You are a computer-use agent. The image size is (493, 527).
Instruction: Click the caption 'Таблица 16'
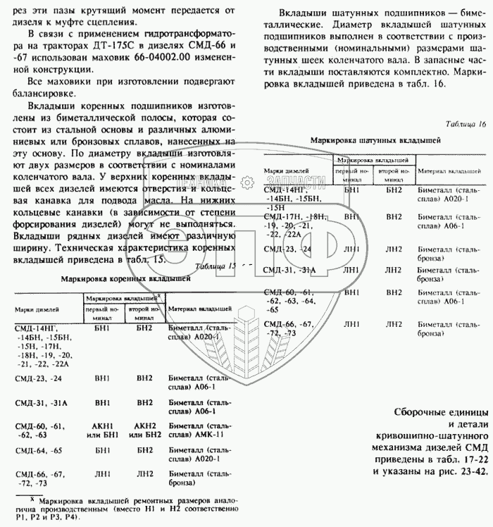click(466, 125)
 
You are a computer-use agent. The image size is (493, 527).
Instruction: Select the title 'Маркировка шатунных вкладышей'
click(370, 141)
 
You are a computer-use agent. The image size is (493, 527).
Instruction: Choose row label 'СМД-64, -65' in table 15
click(40, 450)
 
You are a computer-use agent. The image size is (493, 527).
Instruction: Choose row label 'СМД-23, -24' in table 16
click(287, 249)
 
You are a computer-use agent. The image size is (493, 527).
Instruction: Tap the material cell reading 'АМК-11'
click(200, 434)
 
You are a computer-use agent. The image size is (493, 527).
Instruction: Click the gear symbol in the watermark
click(249, 181)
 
